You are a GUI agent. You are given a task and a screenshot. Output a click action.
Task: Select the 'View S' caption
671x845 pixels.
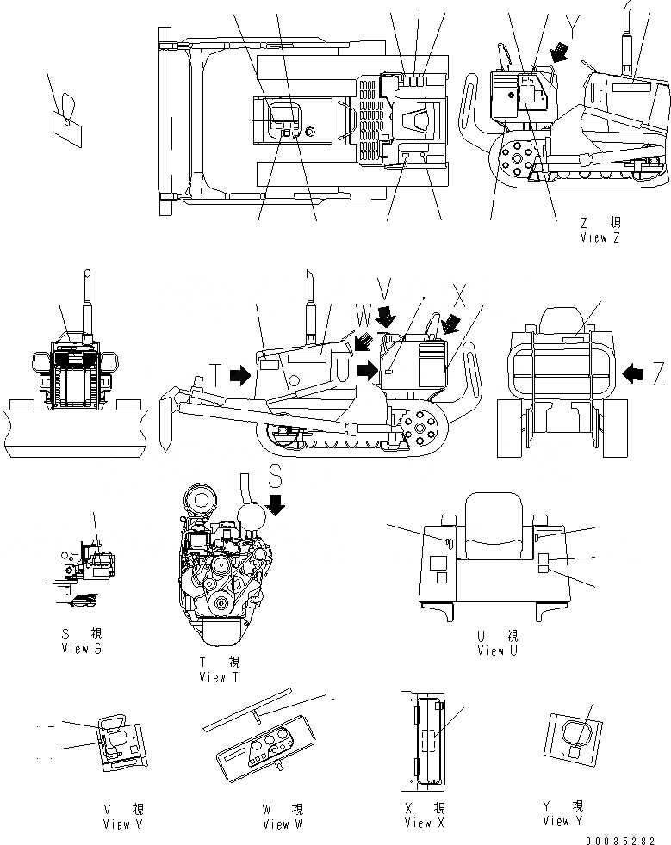coord(82,648)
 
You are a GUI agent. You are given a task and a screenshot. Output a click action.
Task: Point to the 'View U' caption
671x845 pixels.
coord(498,651)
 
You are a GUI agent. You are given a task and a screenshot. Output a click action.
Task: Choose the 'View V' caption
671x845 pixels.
coord(122,823)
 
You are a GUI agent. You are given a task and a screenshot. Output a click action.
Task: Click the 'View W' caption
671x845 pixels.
coord(283,823)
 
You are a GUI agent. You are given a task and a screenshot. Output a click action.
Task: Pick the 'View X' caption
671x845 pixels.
coord(425,823)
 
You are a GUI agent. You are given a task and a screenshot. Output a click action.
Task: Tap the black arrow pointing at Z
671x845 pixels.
coord(634,373)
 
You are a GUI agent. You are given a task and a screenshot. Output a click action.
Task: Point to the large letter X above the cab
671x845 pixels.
coord(459,296)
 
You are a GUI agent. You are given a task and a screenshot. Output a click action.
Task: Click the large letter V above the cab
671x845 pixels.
coord(386,295)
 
